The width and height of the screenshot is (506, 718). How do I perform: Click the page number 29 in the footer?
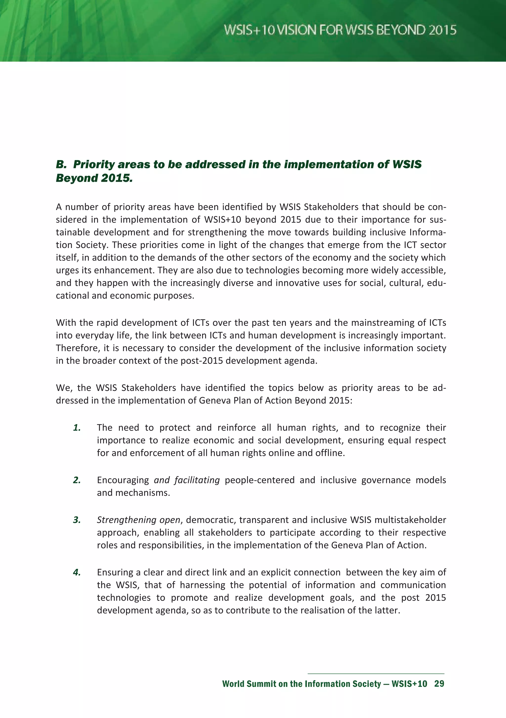[x=439, y=684]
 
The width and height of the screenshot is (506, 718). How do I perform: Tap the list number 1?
[x=77, y=428]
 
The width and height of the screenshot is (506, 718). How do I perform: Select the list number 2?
[x=77, y=480]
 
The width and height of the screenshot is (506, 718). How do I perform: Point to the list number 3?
[x=77, y=520]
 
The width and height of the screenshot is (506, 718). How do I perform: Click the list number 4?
[x=77, y=572]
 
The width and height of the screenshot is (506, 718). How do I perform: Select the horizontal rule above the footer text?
[x=376, y=674]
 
